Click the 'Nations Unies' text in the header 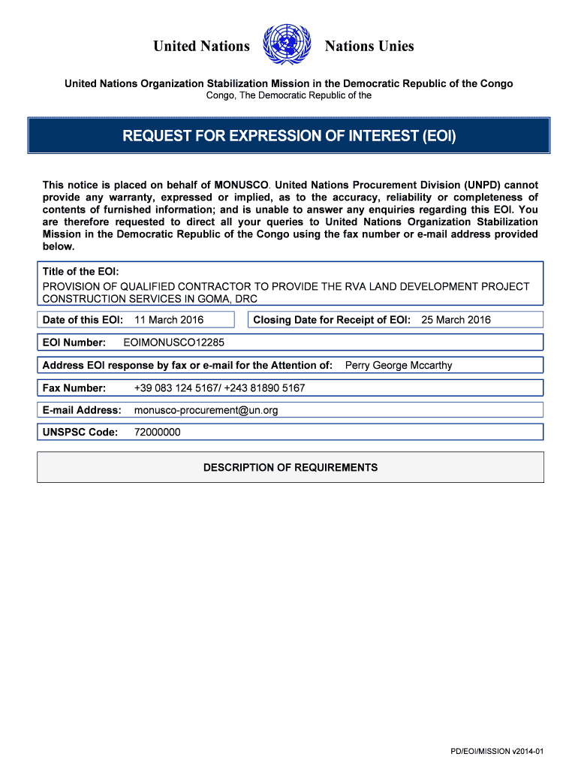369,47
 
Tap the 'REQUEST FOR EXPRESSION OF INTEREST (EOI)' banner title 289,136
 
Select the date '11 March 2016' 169,320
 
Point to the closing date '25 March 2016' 456,320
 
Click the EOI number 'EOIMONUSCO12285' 173,342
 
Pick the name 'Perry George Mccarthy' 398,366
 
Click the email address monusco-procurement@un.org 206,410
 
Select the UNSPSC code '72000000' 157,433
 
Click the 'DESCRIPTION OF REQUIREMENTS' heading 291,467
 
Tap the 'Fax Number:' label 74,388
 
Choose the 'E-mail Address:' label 82,410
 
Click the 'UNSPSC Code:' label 80,433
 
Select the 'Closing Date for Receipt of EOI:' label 332,320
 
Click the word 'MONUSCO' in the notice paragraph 242,184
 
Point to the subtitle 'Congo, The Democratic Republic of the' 289,95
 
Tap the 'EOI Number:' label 74,342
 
